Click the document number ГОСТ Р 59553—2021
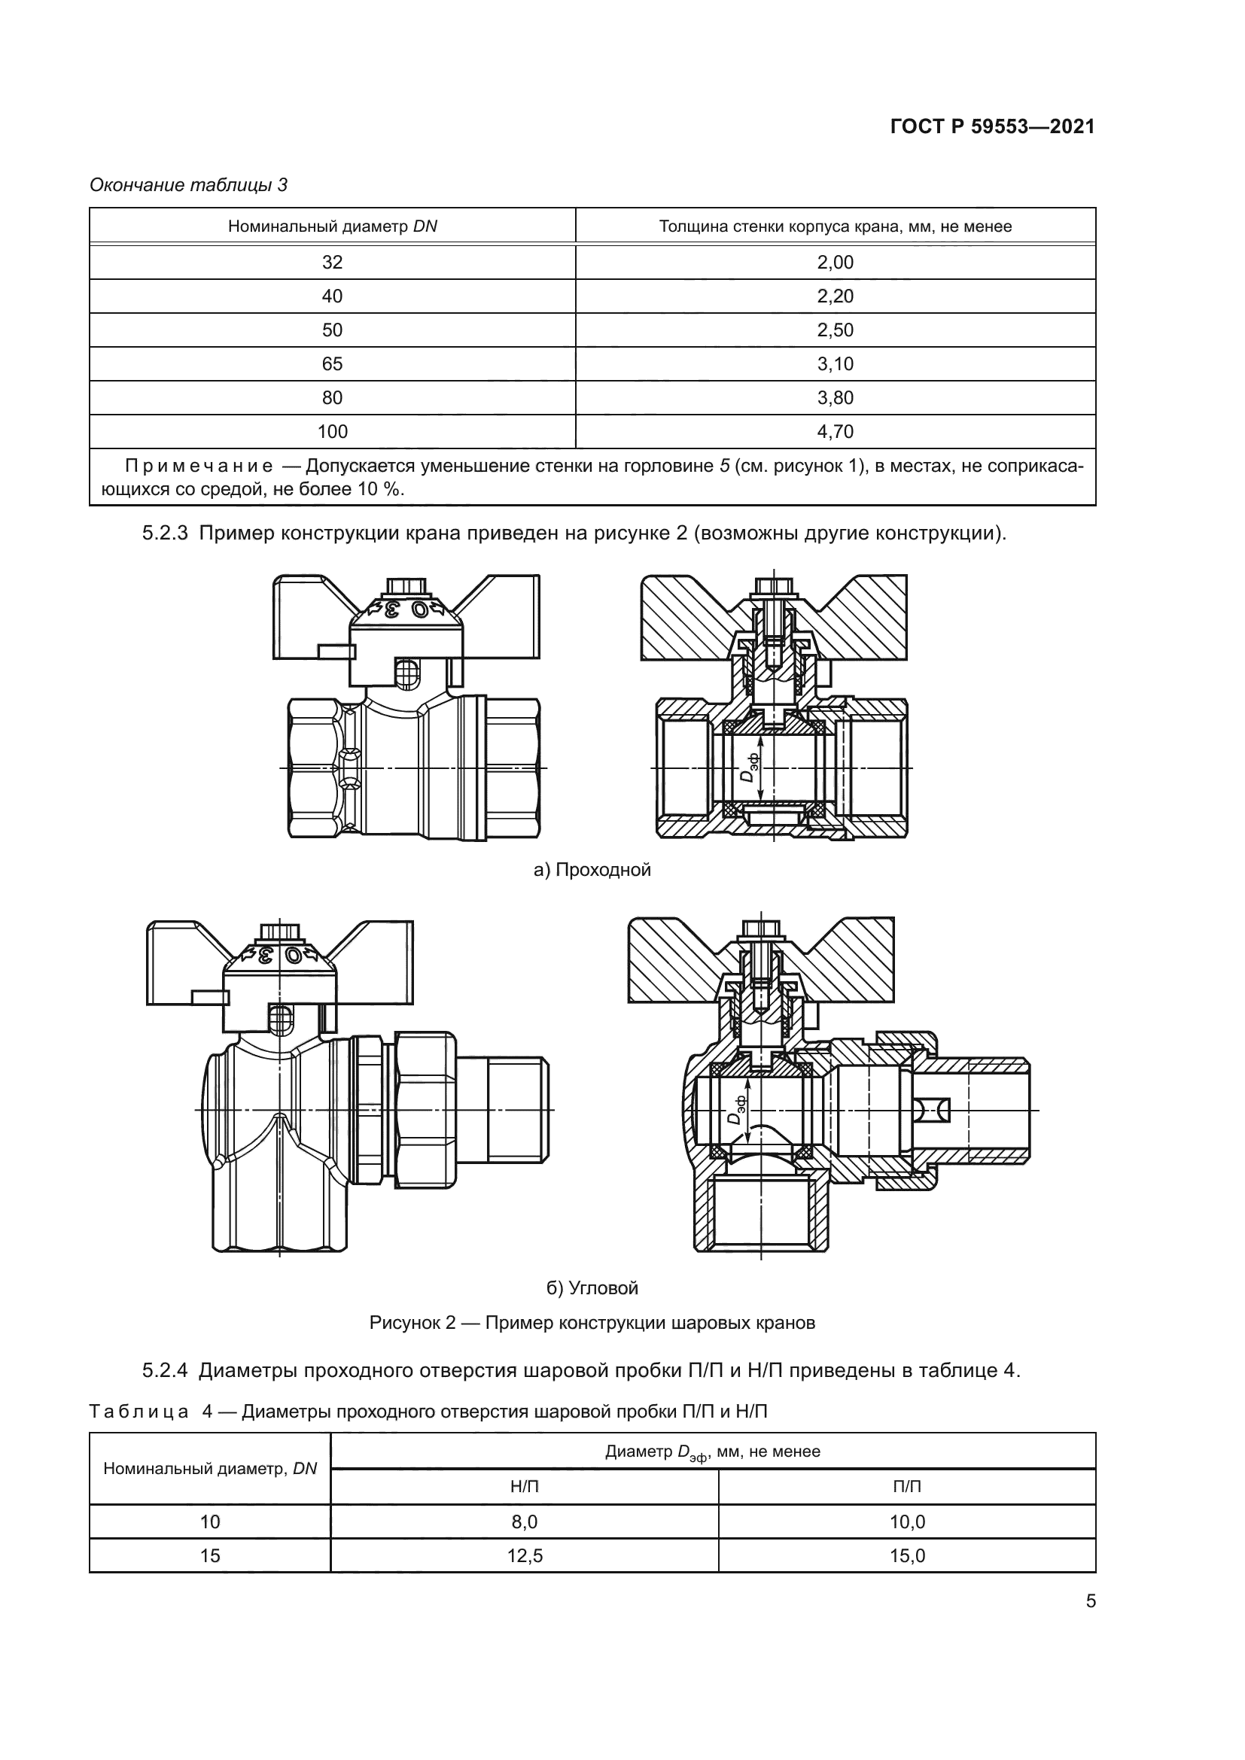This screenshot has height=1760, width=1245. coord(992,127)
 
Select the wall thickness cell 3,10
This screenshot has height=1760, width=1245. coord(835,364)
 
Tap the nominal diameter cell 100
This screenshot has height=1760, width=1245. coord(332,432)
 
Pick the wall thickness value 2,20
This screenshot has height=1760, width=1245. coord(835,296)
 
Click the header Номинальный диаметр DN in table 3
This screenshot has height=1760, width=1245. coord(332,226)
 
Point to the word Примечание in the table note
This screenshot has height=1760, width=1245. coord(199,466)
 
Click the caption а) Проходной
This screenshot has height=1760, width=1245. coord(592,870)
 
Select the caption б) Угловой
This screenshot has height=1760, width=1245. coord(592,1287)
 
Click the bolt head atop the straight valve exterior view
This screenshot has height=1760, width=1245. coord(405,586)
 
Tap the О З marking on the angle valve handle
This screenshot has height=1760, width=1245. coord(279,955)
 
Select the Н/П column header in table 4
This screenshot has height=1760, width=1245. coord(525,1487)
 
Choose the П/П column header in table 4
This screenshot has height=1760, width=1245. coord(907,1487)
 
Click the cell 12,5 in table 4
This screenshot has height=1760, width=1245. coord(525,1555)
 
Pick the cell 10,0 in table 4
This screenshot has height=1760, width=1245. coord(907,1521)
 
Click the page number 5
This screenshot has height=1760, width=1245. coord(1090,1601)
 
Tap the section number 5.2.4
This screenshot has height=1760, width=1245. coord(165,1372)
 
